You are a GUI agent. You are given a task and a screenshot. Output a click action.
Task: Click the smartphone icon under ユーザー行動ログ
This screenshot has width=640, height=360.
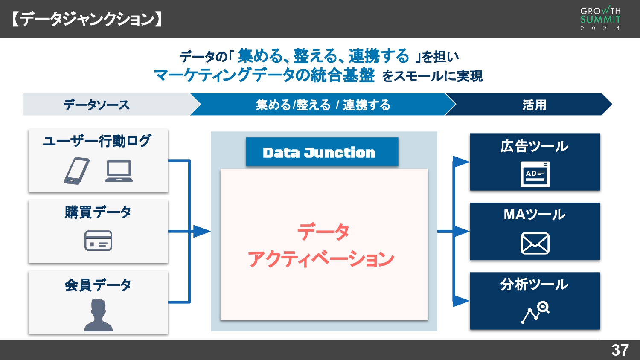(77, 171)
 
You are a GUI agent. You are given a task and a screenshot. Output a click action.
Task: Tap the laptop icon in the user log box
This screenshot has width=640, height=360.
(119, 171)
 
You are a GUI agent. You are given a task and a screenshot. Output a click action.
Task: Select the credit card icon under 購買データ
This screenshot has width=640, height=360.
(98, 241)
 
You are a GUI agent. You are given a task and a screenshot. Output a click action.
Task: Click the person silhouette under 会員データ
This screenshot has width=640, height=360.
(98, 315)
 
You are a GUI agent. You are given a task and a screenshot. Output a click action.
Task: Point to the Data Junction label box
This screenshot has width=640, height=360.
(322, 152)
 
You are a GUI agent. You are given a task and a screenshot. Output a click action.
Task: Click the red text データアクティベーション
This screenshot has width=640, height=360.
(322, 245)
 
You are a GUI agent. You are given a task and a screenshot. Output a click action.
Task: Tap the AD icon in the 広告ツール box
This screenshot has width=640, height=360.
(535, 174)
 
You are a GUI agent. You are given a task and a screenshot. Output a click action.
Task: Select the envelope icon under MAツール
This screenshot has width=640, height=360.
(535, 244)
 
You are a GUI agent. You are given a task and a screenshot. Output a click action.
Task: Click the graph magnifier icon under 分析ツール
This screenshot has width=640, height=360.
(535, 313)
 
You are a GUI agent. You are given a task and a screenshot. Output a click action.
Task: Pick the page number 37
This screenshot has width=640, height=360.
(620, 350)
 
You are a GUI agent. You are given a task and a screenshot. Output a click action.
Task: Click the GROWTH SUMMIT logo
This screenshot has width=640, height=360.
(600, 19)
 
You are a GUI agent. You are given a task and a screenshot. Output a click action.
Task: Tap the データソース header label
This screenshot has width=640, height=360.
(96, 105)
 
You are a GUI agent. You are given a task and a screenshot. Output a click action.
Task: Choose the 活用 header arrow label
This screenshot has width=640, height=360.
(534, 105)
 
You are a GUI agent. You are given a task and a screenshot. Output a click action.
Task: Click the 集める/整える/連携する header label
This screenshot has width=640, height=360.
(323, 105)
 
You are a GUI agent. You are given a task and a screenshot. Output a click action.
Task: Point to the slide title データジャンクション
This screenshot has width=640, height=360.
(87, 19)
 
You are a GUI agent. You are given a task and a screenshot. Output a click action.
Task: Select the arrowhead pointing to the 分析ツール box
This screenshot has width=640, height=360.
(461, 301)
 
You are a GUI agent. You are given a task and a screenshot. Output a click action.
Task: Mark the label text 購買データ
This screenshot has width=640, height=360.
(98, 212)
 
